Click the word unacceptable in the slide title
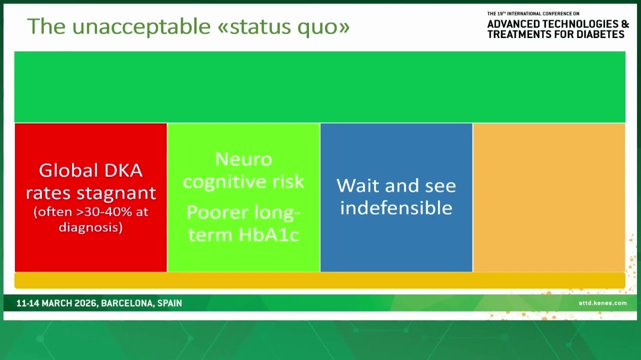pos(141,26)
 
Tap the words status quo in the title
pos(289,27)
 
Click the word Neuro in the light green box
pos(243,159)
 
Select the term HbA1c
pos(268,234)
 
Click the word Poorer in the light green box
pos(217,212)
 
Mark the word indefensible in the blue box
pos(396,207)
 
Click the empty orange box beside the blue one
pos(549,197)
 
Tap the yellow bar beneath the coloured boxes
pos(319,280)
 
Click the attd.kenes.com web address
pos(602,303)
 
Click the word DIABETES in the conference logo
pos(600,34)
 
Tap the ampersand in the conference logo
pos(625,24)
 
